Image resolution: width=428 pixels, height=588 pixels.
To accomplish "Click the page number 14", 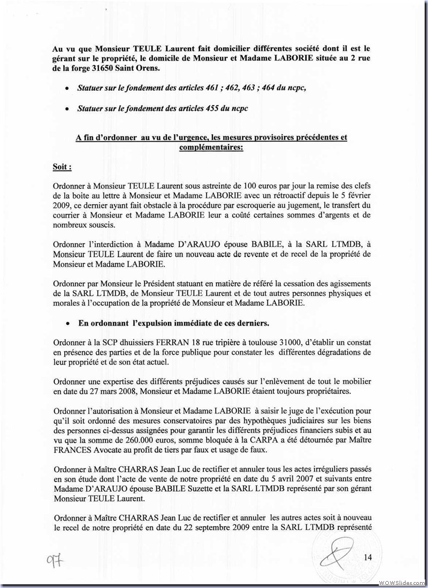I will pyautogui.click(x=368, y=558).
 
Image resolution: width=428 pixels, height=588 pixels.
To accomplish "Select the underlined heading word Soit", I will pyautogui.click(x=61, y=167).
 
